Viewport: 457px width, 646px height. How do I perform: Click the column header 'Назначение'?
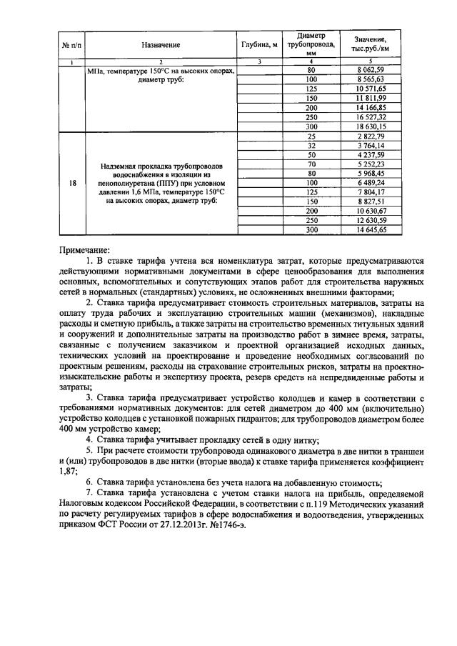pos(160,45)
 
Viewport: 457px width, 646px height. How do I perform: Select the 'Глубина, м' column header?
pos(260,45)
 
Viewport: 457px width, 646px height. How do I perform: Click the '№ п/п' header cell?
pos(71,45)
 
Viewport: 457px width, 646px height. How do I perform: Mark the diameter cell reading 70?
pos(311,164)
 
